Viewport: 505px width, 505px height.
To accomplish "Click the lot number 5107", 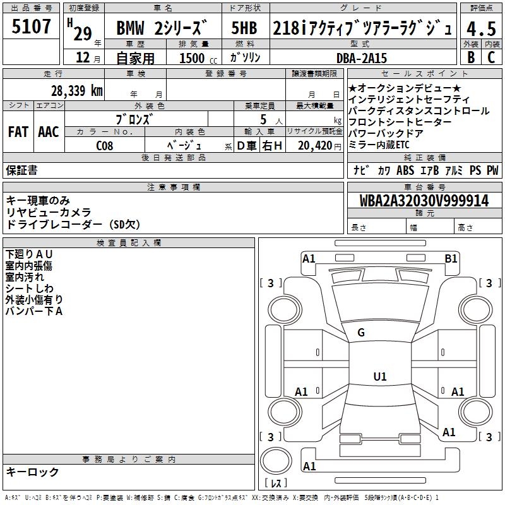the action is pyautogui.click(x=32, y=27).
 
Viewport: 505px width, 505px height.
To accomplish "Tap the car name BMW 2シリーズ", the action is pyautogui.click(x=162, y=28).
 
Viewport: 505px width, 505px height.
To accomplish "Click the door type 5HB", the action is pyautogui.click(x=246, y=28).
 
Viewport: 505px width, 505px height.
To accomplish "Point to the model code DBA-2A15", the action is pyautogui.click(x=360, y=57).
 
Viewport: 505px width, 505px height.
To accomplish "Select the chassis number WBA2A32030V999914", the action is pyautogui.click(x=424, y=201).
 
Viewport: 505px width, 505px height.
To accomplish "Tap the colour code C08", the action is pyautogui.click(x=105, y=145).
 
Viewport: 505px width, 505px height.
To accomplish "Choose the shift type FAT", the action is pyautogui.click(x=18, y=132).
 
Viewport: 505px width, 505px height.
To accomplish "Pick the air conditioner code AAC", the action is pyautogui.click(x=49, y=132).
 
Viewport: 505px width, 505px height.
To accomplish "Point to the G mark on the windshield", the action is pyautogui.click(x=361, y=333).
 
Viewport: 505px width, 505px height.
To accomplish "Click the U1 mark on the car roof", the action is pyautogui.click(x=379, y=377).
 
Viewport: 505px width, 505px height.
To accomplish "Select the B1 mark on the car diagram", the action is pyautogui.click(x=451, y=258).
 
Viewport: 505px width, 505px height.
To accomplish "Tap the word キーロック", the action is pyautogui.click(x=32, y=472).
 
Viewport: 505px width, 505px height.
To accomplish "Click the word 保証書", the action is pyautogui.click(x=21, y=170).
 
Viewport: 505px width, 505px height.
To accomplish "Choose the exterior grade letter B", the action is pyautogui.click(x=471, y=57).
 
